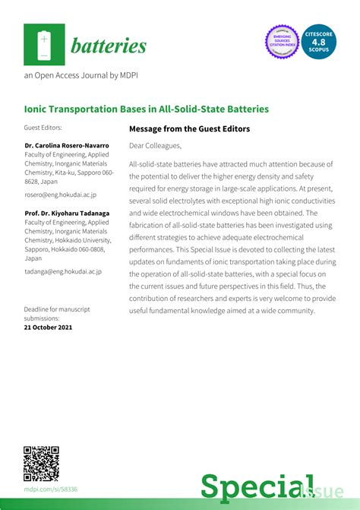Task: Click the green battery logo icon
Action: [43, 44]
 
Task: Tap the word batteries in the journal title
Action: [109, 46]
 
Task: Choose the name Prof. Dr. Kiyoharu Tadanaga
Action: [69, 213]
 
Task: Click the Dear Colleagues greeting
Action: [155, 145]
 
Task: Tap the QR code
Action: [42, 463]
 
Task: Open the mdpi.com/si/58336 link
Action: [51, 489]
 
